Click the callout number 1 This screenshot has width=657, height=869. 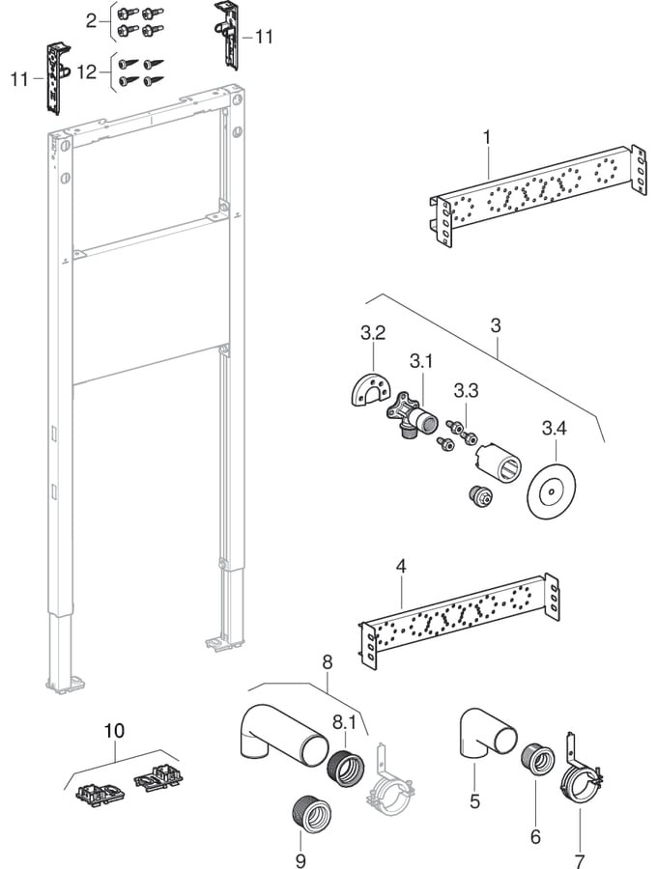click(488, 138)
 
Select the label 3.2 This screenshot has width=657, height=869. click(373, 334)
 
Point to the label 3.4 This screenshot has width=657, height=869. click(556, 426)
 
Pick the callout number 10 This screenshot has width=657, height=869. click(114, 731)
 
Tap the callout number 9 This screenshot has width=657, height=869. click(300, 859)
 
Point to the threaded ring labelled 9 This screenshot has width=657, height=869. click(308, 812)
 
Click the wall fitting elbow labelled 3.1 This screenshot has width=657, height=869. click(414, 416)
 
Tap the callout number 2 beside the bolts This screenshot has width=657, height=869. click(91, 20)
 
